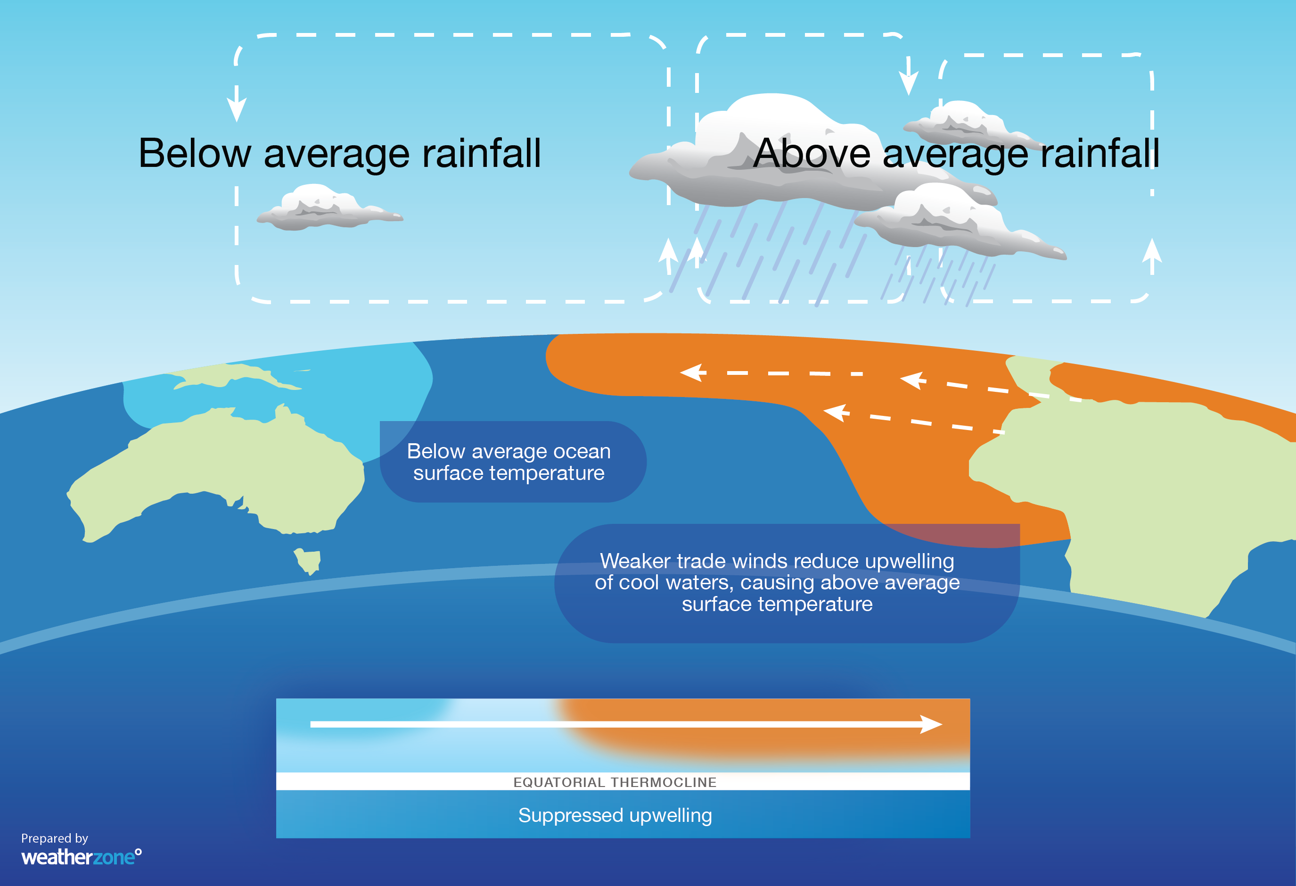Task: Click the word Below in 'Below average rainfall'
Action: pyautogui.click(x=195, y=153)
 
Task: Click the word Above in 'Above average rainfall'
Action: pyautogui.click(x=812, y=153)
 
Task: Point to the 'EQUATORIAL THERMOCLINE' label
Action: pyautogui.click(x=615, y=782)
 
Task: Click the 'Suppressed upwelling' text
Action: pyautogui.click(x=615, y=815)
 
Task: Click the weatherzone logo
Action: pyautogui.click(x=81, y=857)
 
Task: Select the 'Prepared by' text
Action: pyautogui.click(x=55, y=838)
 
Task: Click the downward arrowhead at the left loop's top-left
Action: pyautogui.click(x=237, y=109)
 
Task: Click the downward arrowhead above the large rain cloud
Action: pyautogui.click(x=909, y=83)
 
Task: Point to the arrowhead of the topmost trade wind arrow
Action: pyautogui.click(x=691, y=372)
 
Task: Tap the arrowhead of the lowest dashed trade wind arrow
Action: pyautogui.click(x=835, y=412)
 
